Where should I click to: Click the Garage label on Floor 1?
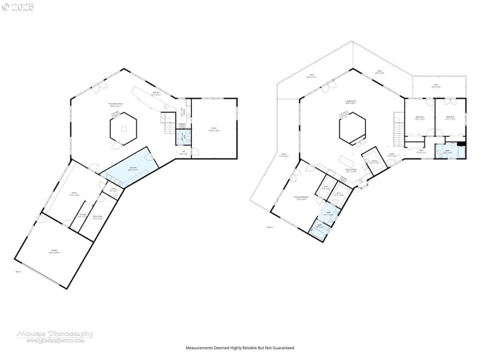[x=53, y=252]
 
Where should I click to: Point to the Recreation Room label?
[x=116, y=104]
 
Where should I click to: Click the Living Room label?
[x=350, y=102]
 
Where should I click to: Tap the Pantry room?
[x=374, y=161]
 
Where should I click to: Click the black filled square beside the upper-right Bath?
[x=461, y=145]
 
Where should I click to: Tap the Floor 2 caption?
[x=269, y=227]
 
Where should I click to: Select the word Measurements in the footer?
[x=201, y=347]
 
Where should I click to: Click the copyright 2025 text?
[x=18, y=7]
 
